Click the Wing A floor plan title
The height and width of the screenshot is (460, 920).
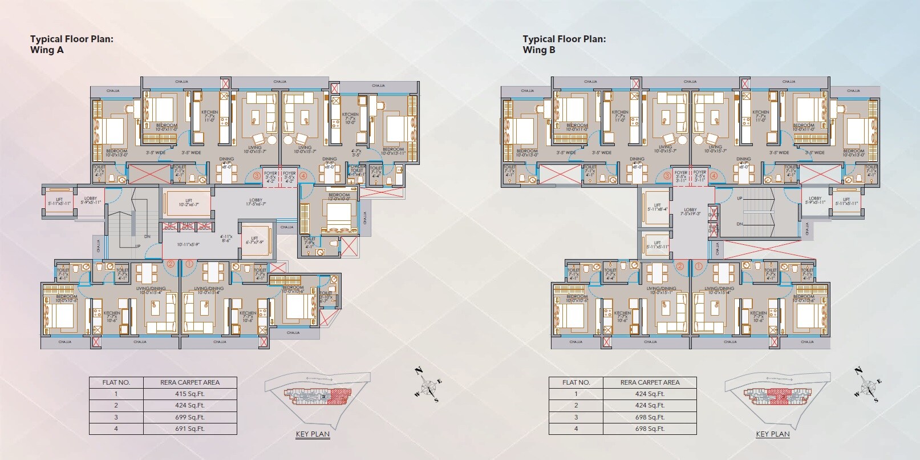point(72,44)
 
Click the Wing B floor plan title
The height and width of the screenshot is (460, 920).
point(564,44)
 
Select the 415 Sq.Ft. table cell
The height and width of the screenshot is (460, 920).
point(189,394)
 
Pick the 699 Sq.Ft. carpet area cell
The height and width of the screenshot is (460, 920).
point(189,417)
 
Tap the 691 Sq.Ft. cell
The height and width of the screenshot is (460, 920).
point(189,429)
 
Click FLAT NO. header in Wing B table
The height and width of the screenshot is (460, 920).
point(576,382)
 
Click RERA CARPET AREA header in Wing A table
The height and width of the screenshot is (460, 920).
point(189,382)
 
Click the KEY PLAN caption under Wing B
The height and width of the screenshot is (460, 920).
point(772,434)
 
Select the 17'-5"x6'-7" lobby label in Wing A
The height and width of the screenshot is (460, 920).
point(256,202)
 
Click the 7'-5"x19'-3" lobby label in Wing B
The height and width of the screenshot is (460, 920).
point(690,212)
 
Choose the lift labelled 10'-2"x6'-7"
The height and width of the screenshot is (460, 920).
point(188,203)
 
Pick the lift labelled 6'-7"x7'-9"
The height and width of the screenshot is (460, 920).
point(254,240)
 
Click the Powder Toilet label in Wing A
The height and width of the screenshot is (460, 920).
point(356,170)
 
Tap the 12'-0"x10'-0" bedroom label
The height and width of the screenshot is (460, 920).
point(339,197)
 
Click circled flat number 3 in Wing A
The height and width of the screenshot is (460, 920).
point(257,176)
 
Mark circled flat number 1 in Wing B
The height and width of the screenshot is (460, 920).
point(698,265)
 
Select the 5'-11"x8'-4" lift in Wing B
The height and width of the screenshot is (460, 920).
point(657,207)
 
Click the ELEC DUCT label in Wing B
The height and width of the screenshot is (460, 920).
point(713,229)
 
